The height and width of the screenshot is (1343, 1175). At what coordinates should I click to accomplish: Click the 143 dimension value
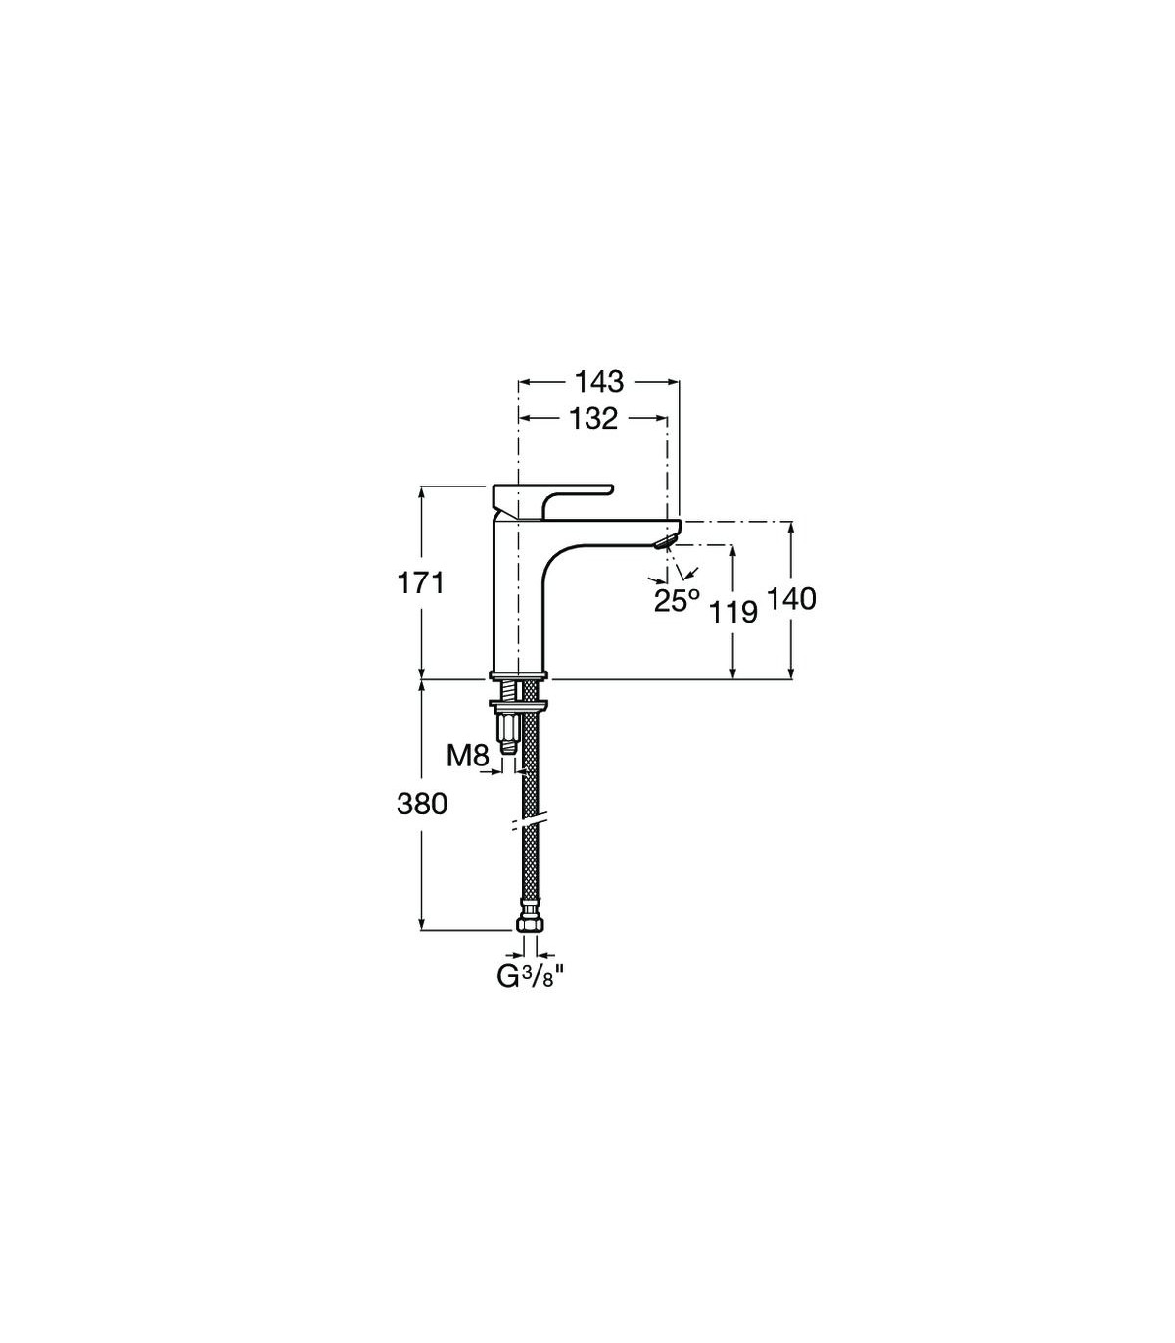tap(598, 382)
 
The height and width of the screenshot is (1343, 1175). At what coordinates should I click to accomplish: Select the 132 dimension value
tap(592, 419)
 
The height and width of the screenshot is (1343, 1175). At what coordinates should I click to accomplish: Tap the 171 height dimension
tap(421, 582)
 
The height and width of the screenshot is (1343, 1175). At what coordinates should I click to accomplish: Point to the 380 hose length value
tap(422, 804)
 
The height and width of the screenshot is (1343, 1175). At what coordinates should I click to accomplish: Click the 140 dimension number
tap(791, 599)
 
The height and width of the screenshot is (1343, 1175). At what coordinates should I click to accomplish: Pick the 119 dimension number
tap(733, 613)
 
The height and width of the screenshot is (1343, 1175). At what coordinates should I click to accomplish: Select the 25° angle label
tap(677, 601)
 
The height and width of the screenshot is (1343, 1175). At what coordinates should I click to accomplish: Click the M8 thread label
tap(468, 757)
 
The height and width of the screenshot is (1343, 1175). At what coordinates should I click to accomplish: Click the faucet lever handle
tap(550, 502)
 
